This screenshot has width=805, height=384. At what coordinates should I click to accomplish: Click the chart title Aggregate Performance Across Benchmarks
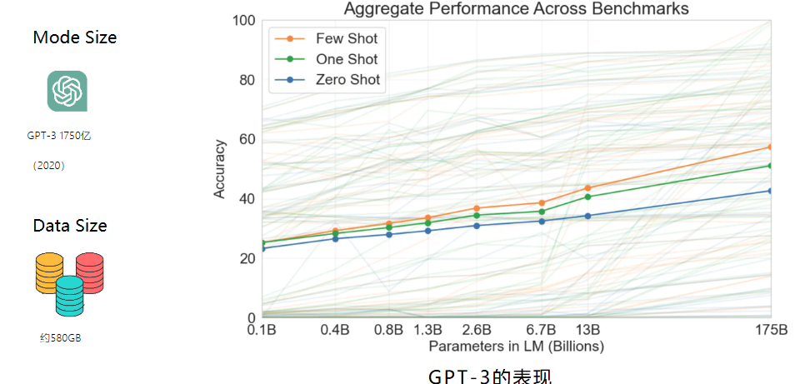click(516, 8)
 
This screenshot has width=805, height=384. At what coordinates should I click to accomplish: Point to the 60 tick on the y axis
click(245, 139)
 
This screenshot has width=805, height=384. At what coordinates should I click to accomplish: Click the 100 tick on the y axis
click(242, 20)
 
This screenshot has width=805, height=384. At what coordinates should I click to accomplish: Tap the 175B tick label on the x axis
click(770, 329)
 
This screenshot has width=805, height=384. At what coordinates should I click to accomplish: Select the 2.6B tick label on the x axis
click(477, 329)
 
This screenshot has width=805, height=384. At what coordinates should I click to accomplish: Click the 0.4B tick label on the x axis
click(335, 329)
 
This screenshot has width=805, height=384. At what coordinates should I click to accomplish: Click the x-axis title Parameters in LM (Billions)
click(516, 345)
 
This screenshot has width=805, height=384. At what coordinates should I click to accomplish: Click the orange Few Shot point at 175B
click(771, 147)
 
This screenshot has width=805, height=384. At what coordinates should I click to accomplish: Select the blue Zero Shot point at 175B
click(771, 191)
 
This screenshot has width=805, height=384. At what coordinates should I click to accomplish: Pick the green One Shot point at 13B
click(588, 197)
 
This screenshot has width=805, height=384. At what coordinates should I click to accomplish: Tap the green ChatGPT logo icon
click(67, 91)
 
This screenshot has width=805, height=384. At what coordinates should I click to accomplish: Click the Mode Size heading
click(74, 37)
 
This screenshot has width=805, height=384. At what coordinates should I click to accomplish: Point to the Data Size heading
click(70, 226)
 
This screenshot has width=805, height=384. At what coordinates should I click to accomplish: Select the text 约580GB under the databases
click(60, 338)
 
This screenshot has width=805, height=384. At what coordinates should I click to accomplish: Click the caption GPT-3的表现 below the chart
click(490, 375)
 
